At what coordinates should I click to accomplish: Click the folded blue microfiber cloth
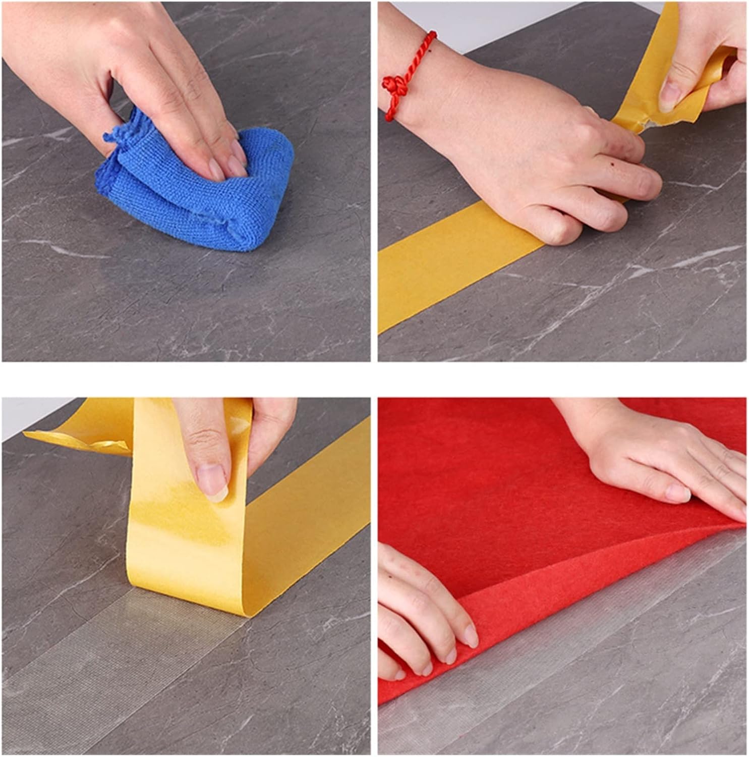202,197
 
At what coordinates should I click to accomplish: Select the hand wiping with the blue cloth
151,76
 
